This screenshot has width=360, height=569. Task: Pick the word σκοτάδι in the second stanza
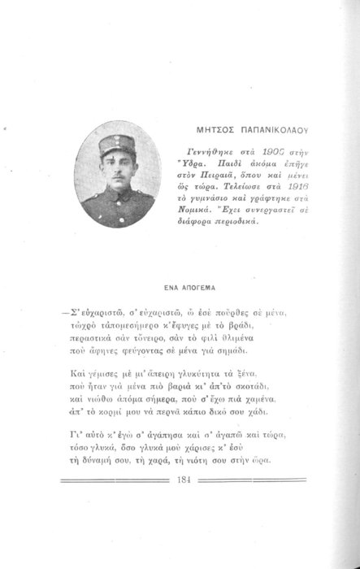click(270, 384)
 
